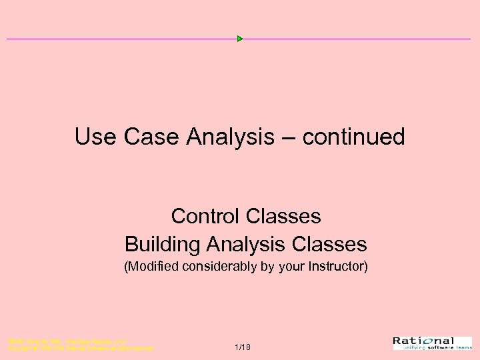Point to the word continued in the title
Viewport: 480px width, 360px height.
(x=353, y=137)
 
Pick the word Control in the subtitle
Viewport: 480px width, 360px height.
(x=205, y=217)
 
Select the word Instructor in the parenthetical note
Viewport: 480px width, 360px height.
(x=335, y=268)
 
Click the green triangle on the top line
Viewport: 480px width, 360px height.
(x=240, y=39)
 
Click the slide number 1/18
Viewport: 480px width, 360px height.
(x=243, y=347)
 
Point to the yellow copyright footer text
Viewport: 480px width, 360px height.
(x=80, y=345)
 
